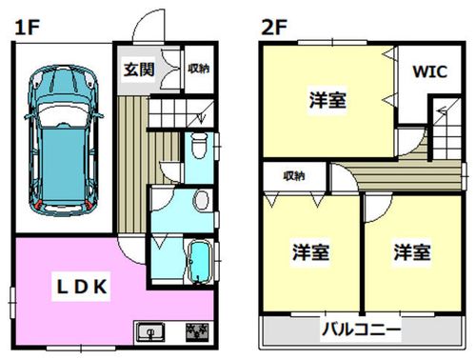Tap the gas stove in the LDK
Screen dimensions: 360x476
[198, 332]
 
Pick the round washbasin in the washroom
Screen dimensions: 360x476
[201, 199]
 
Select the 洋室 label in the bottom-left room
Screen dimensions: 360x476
[310, 252]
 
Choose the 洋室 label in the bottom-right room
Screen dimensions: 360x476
[412, 252]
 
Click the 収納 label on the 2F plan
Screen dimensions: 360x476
[294, 175]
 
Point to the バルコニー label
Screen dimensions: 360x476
[360, 330]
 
